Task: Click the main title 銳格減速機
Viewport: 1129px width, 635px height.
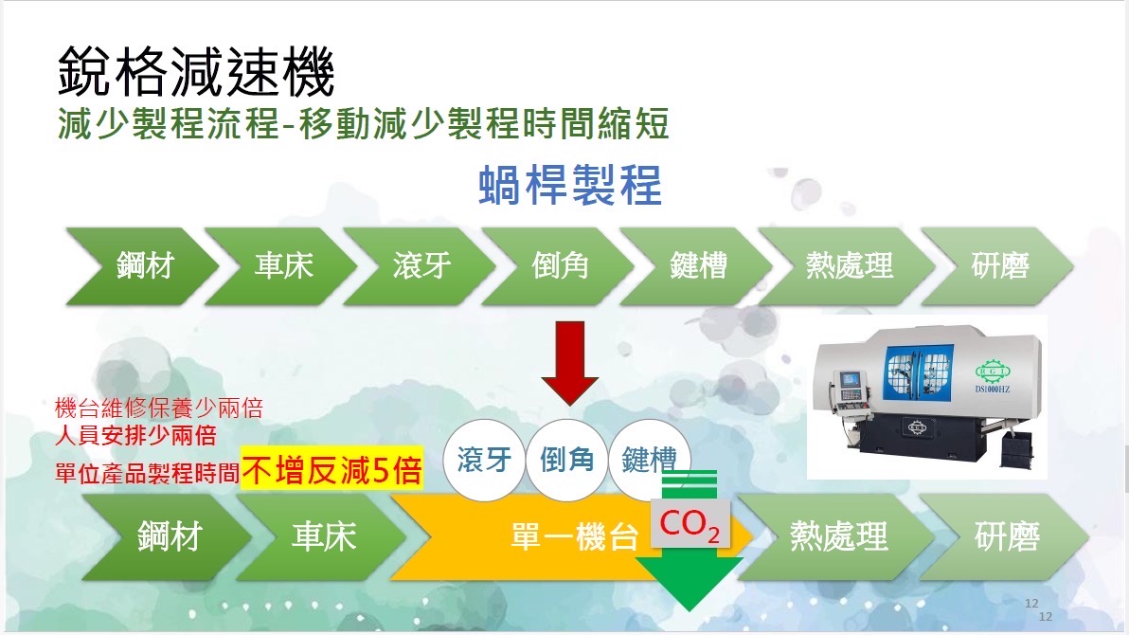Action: point(196,71)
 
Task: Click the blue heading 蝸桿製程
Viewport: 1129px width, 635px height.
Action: point(569,185)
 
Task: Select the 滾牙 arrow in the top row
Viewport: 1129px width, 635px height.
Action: point(419,266)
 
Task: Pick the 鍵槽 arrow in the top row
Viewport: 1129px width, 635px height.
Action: point(696,266)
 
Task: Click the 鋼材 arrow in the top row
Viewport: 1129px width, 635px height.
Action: point(143,266)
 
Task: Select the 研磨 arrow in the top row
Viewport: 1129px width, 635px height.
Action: point(998,266)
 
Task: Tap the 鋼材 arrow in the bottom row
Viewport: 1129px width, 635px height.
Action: point(167,537)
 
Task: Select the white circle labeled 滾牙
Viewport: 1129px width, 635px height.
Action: point(484,460)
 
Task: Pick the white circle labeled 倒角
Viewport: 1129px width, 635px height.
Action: point(566,460)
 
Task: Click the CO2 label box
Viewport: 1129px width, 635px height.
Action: point(690,524)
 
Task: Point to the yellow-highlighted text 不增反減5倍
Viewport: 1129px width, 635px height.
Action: point(332,471)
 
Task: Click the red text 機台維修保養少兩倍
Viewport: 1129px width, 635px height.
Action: point(159,408)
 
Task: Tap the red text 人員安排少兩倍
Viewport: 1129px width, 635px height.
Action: point(135,435)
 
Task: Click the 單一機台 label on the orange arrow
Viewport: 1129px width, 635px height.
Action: point(575,537)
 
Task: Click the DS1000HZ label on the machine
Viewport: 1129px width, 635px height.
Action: point(993,390)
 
